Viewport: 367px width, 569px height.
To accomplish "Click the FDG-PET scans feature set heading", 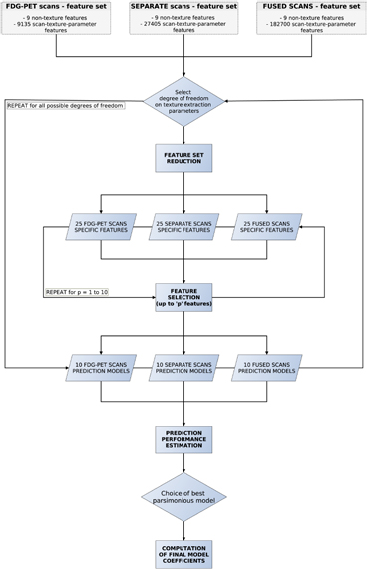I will (x=56, y=7).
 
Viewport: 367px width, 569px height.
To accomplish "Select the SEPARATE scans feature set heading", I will (x=183, y=7).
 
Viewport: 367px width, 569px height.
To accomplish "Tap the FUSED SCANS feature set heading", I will (x=311, y=7).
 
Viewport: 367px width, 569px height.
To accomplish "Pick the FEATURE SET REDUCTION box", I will (x=183, y=158).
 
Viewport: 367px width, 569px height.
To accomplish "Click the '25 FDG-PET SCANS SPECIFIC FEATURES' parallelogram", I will (x=101, y=227).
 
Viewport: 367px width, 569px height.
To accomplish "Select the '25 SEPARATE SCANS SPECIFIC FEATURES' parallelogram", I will (x=183, y=227).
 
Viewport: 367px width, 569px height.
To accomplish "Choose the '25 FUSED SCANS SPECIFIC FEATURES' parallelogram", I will (x=266, y=227).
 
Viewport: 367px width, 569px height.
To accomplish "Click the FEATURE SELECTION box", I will (x=183, y=297).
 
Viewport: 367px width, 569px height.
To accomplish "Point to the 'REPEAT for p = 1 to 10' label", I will (x=80, y=293).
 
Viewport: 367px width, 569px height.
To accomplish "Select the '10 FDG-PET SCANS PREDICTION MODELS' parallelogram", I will (x=101, y=368).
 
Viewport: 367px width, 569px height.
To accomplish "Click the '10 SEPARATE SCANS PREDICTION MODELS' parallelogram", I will (x=183, y=368).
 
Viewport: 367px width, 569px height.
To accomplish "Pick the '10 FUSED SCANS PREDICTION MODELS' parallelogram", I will (x=266, y=368).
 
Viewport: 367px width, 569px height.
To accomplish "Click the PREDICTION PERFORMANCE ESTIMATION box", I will (x=183, y=439).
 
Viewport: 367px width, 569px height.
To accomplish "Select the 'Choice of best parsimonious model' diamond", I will (x=183, y=495).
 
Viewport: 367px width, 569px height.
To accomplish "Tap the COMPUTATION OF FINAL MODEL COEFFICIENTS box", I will (x=183, y=553).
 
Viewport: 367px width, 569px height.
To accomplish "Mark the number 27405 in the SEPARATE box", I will (x=160, y=24).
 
